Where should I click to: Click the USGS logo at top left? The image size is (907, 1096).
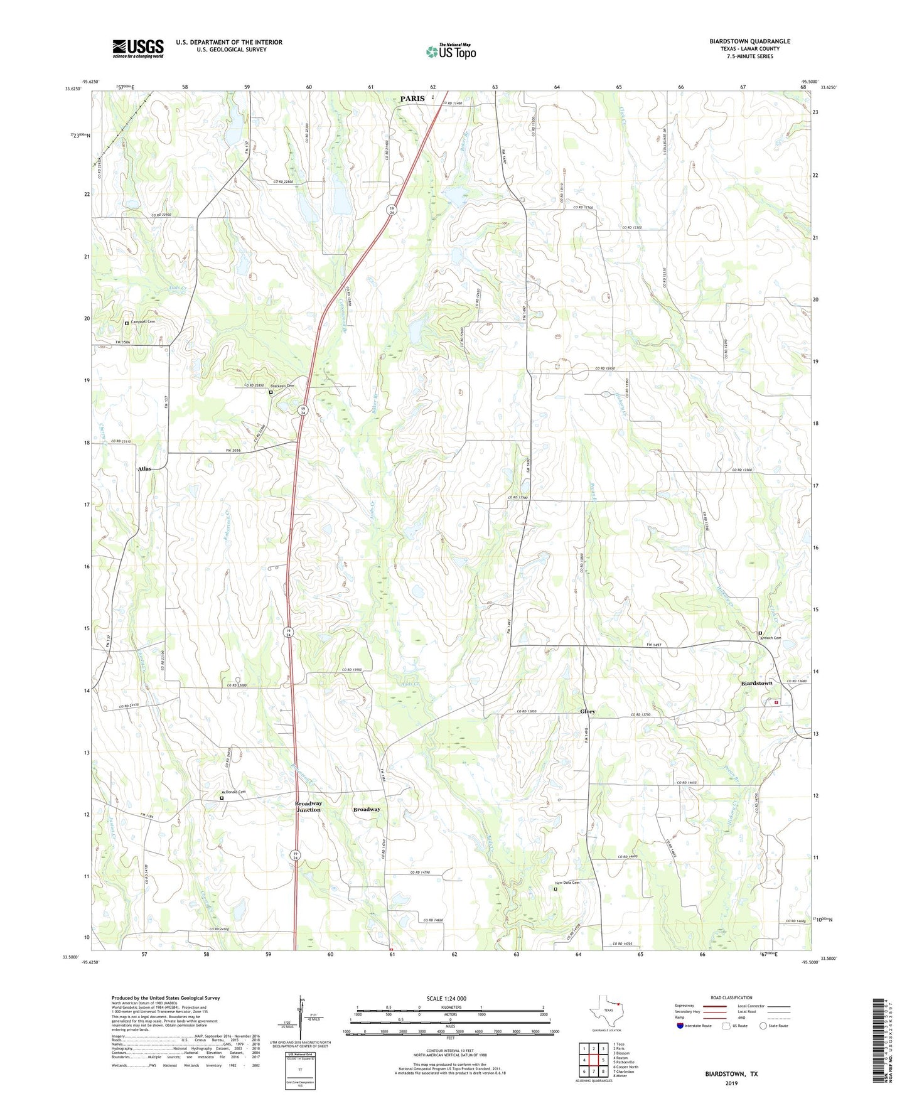coord(138,48)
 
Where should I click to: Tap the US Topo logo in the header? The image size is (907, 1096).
coord(451,51)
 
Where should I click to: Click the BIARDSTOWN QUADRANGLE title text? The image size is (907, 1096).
coord(749,41)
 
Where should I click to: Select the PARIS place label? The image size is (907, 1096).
coord(412,99)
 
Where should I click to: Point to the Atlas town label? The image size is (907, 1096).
coord(144,469)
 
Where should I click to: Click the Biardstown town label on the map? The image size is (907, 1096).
coord(756,683)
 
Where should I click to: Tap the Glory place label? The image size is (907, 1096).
coord(588,711)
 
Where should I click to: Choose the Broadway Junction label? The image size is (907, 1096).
coord(308,806)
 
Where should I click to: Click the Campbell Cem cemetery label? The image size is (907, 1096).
coord(142,321)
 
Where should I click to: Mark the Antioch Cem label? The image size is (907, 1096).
coord(773,638)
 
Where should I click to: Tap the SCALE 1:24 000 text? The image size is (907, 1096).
coord(446,998)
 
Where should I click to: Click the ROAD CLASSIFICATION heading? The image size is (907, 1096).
coord(731,997)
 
